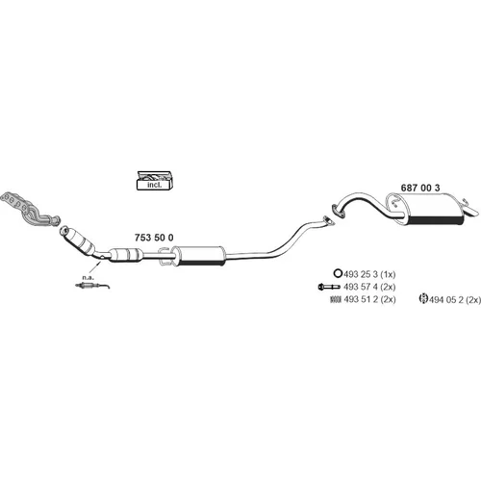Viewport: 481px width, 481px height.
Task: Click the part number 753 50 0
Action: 154,238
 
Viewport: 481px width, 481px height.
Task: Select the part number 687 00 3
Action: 420,188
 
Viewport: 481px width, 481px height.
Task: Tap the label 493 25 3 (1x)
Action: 369,274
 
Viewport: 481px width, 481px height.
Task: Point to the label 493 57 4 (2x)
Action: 369,287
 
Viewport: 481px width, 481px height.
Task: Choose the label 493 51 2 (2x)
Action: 369,299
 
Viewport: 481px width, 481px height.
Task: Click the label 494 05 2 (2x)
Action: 455,300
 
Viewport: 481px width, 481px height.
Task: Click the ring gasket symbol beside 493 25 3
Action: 338,273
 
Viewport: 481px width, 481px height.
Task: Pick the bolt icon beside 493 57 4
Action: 329,287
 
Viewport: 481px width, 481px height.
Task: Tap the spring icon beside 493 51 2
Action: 336,299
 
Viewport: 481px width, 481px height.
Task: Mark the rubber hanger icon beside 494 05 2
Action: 424,298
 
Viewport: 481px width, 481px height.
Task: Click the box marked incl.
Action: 155,181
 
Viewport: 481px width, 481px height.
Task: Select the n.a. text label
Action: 88,277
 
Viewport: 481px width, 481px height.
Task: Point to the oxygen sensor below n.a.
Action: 92,286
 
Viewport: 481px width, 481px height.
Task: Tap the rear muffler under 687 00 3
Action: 426,209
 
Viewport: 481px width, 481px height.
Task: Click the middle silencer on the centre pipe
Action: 198,256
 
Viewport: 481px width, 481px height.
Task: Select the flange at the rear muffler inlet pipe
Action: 338,212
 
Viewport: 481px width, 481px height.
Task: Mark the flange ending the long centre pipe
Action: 328,220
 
